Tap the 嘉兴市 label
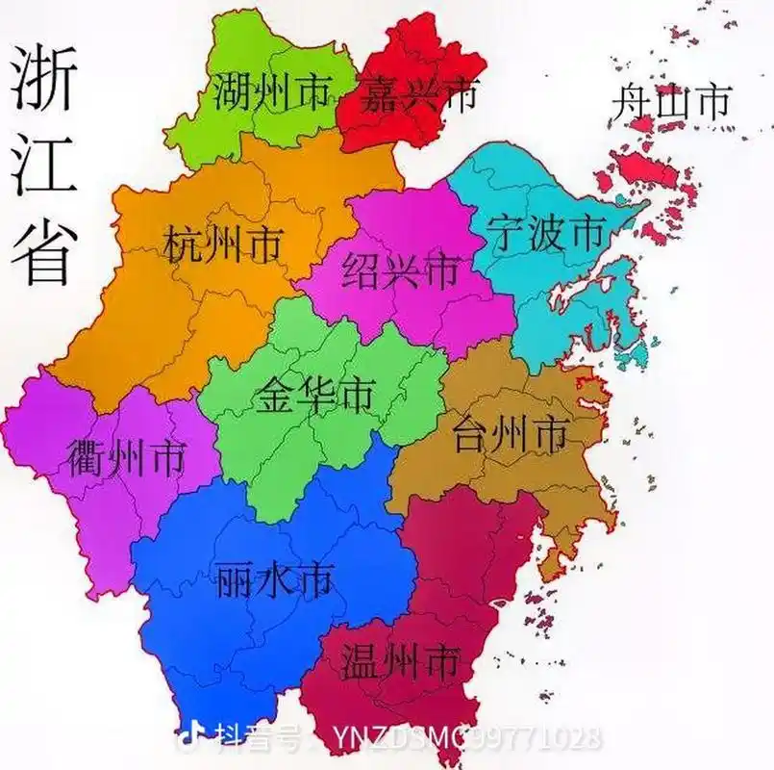(x=417, y=95)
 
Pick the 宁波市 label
(x=546, y=234)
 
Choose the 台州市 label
(x=510, y=434)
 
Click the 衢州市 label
(x=125, y=458)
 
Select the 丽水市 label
(x=274, y=579)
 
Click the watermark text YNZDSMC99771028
(x=467, y=739)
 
